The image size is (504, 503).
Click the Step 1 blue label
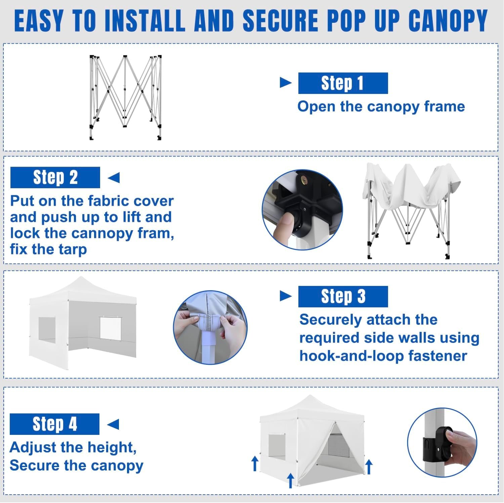tap(343, 83)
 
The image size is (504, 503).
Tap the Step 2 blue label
tap(55, 178)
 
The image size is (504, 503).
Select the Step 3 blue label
tap(343, 297)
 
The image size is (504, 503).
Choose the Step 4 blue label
tap(54, 424)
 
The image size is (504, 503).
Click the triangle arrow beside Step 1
tap(286, 83)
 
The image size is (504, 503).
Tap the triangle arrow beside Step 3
tap(286, 296)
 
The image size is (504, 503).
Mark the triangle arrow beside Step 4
tap(113, 424)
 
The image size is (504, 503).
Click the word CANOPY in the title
tap(448, 21)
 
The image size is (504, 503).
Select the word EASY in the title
tap(39, 21)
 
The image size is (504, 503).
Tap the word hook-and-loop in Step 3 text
tap(347, 356)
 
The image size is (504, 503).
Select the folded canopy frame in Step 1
tap(125, 97)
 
